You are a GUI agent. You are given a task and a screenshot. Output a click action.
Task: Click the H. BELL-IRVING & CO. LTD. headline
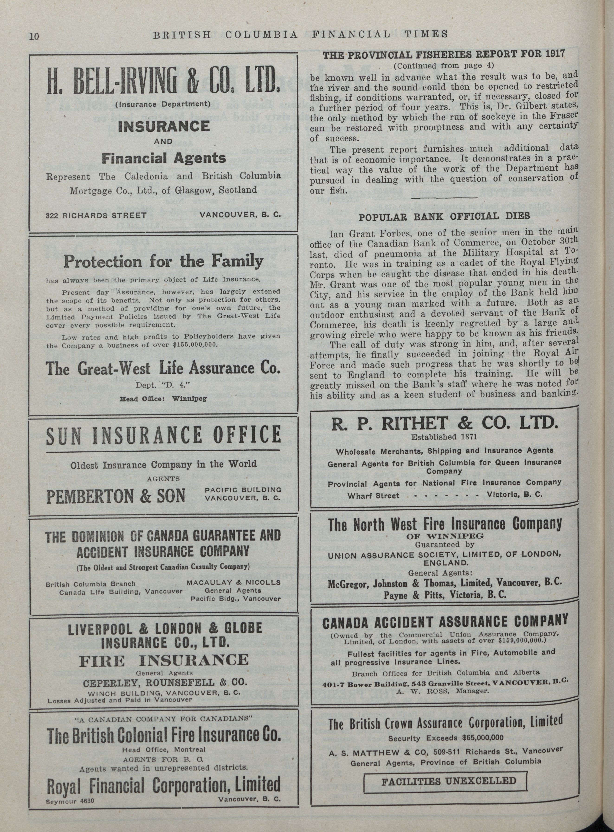pyautogui.click(x=164, y=81)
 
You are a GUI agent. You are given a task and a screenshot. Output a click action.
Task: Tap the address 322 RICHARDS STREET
pyautogui.click(x=96, y=215)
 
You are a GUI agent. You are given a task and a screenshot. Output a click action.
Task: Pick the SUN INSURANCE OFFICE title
pyautogui.click(x=164, y=435)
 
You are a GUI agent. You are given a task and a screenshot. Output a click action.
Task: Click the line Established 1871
pyautogui.click(x=444, y=437)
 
